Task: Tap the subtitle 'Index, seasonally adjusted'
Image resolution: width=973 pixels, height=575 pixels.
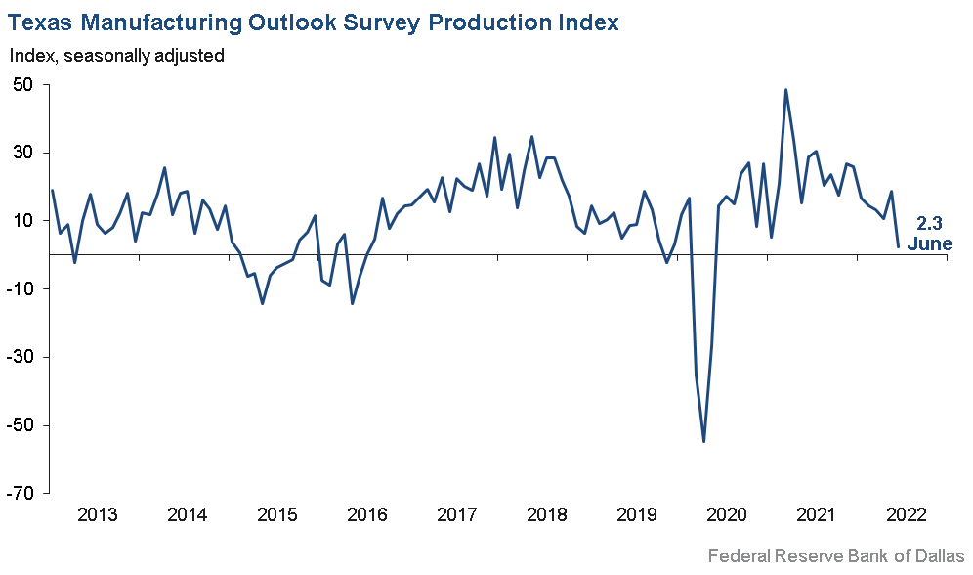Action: tap(117, 56)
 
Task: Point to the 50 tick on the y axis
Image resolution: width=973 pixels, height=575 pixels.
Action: tap(24, 85)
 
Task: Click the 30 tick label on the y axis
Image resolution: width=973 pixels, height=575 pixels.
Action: tap(24, 154)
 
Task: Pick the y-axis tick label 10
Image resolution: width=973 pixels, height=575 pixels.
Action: tap(24, 221)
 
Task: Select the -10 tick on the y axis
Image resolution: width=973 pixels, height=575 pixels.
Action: tap(21, 289)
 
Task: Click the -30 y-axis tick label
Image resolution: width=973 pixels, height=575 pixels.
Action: tap(21, 357)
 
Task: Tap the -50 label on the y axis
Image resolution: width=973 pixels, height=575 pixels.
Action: tap(21, 425)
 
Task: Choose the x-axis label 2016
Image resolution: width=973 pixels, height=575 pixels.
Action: tap(367, 516)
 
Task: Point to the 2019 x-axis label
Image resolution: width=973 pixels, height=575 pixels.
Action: tap(637, 516)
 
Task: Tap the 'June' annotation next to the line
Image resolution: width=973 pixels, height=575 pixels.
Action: tap(929, 243)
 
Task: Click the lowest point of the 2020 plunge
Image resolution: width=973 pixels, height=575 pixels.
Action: tap(703, 442)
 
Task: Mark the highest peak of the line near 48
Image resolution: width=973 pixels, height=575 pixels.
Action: tap(786, 90)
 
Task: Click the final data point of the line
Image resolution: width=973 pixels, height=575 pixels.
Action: tap(898, 246)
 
